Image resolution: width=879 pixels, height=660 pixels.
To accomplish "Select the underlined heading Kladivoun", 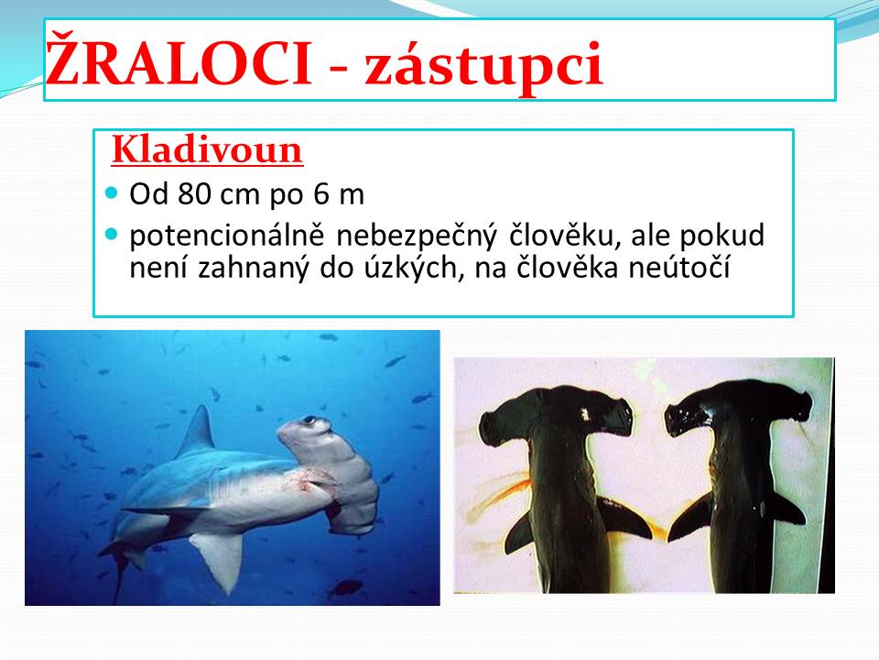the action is click(208, 149).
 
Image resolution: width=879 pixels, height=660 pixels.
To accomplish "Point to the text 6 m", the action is click(339, 194).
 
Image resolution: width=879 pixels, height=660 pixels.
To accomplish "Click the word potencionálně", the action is click(227, 236).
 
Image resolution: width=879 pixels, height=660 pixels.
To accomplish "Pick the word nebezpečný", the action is click(417, 236).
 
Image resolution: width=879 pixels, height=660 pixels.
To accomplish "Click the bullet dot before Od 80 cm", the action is click(112, 193).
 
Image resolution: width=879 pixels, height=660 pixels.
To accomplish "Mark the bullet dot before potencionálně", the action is click(112, 233).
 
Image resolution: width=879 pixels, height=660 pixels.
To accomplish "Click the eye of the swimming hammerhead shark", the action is click(309, 419).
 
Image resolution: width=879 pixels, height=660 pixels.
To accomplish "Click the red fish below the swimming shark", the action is click(345, 588).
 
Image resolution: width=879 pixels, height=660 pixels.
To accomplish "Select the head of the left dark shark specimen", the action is click(556, 415).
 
